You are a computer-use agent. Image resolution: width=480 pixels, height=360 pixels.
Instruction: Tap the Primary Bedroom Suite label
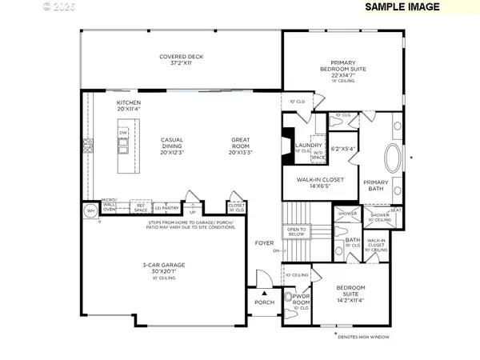point(348,70)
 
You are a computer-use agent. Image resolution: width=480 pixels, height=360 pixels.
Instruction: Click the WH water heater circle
point(90,210)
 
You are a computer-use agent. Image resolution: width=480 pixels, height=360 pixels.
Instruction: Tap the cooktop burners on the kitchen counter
point(87,146)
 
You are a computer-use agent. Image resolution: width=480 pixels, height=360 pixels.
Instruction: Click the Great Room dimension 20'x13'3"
point(241,150)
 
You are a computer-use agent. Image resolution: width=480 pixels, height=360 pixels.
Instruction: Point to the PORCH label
point(264,302)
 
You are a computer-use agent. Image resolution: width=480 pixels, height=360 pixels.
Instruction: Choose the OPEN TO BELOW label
point(296,231)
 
